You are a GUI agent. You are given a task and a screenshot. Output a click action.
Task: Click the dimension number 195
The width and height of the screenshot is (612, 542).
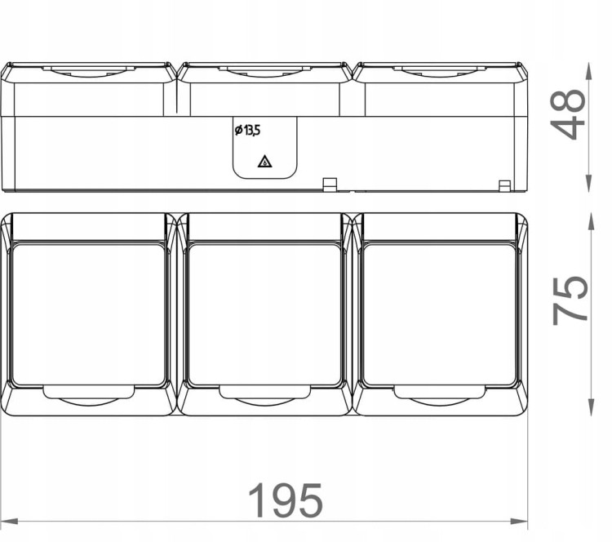286,500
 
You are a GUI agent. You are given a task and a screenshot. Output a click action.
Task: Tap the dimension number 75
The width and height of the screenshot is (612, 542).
569,300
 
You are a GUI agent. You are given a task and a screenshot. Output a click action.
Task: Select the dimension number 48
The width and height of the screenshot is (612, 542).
567,114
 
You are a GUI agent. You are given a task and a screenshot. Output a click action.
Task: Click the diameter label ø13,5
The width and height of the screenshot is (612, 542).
247,130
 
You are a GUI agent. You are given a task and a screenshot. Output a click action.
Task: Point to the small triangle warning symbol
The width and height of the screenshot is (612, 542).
264,162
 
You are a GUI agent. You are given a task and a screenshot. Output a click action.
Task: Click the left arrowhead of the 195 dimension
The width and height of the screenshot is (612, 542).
9,522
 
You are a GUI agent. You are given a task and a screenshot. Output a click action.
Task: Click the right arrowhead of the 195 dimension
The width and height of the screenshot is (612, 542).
519,522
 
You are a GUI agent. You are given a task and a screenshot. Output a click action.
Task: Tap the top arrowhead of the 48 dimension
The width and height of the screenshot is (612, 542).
589,71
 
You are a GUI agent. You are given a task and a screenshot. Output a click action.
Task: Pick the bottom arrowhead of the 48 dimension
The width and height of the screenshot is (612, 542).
589,183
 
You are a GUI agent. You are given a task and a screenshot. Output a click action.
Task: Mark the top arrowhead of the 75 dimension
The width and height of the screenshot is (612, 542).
592,222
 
